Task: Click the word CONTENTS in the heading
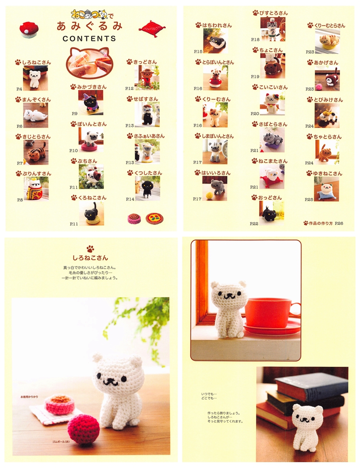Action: click(89, 39)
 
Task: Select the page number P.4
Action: click(19, 89)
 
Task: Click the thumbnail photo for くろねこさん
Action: click(91, 213)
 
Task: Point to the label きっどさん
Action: click(145, 62)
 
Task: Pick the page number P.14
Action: click(130, 199)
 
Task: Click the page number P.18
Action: click(255, 40)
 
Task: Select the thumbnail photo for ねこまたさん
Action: click(272, 176)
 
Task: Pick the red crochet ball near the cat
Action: click(83, 429)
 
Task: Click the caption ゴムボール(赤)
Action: click(49, 442)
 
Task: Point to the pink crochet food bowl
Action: click(59, 404)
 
